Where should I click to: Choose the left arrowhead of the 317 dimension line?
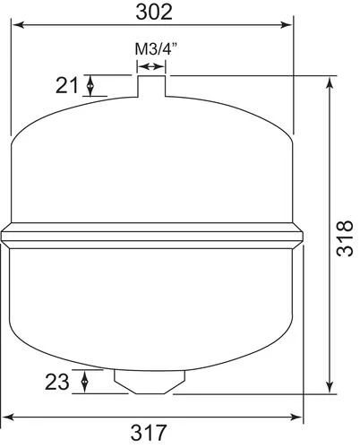pos(7,417)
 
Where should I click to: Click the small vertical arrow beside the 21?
pos(91,86)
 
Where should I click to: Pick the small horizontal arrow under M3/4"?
pos(151,65)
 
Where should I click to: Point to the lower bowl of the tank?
pos(152,305)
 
